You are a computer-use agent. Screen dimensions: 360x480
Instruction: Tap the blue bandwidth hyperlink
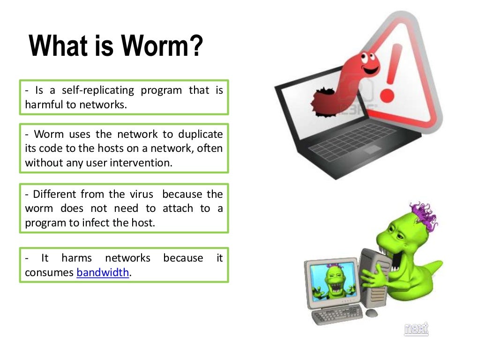click(103, 272)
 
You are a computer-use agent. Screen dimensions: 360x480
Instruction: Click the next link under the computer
click(416, 329)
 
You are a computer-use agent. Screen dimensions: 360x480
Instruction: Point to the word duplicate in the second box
click(201, 135)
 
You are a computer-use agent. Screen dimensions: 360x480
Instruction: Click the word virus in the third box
click(140, 194)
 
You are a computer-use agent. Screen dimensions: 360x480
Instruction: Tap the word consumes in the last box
click(49, 272)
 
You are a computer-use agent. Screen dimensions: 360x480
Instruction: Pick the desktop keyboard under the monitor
click(337, 315)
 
